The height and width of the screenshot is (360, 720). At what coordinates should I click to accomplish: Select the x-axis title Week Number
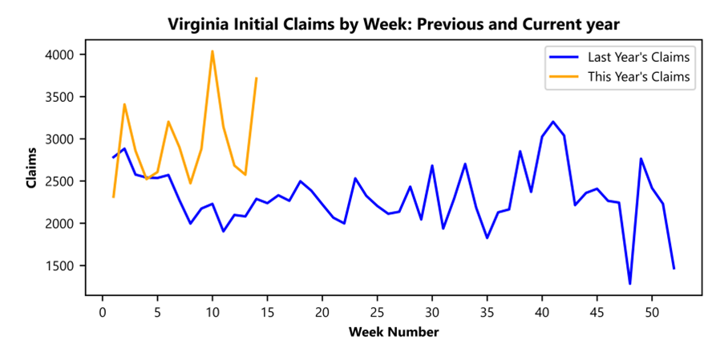393,331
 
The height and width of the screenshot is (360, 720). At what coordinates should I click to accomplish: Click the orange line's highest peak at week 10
212,51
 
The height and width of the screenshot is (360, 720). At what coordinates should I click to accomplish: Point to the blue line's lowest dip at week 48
629,283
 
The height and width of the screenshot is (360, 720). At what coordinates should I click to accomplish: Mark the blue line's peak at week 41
552,122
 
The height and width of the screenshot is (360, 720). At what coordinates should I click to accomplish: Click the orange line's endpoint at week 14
256,78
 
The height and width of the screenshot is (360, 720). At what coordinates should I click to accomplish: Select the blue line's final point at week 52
673,269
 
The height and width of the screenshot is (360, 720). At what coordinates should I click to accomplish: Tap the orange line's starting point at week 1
113,196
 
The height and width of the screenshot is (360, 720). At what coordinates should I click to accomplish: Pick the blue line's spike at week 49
641,159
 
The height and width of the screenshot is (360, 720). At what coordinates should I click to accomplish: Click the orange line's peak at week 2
124,104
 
